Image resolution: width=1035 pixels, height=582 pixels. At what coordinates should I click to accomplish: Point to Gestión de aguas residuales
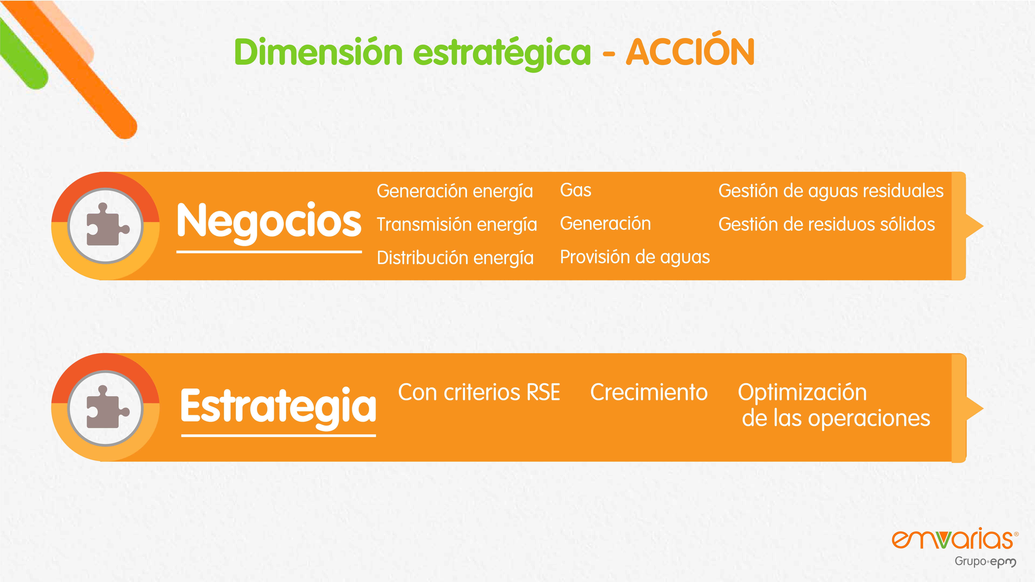point(831,191)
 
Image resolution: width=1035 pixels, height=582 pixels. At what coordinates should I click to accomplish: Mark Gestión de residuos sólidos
point(826,225)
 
